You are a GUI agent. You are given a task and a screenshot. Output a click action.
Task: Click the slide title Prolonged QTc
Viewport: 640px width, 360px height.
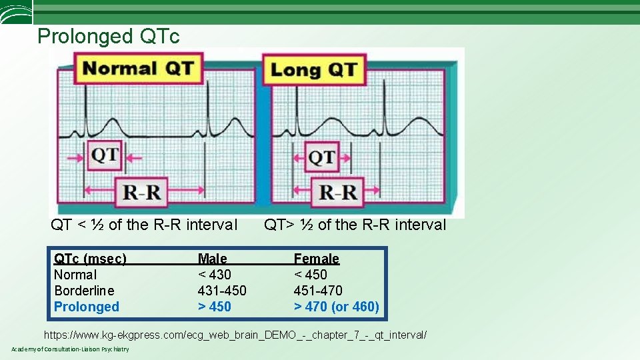109,36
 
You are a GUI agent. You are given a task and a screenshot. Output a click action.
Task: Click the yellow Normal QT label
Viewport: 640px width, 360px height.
139,69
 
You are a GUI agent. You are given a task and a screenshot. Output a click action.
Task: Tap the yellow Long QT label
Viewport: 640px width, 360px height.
314,69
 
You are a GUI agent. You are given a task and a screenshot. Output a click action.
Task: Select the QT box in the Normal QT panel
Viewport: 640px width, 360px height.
105,156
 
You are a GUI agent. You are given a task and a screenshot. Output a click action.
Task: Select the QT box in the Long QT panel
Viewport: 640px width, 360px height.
322,158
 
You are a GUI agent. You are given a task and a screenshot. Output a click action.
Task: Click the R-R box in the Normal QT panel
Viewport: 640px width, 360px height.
143,193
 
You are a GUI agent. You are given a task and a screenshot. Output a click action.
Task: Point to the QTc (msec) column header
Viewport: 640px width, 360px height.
90,259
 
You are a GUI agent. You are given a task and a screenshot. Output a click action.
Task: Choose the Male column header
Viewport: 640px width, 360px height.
212,259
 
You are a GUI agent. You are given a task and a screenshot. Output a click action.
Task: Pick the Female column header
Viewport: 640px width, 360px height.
317,259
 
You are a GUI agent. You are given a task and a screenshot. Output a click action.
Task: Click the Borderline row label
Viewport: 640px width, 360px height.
84,291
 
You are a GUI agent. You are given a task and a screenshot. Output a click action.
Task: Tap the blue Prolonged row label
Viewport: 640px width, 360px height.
87,307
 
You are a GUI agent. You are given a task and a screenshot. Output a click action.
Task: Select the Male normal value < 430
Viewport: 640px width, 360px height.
215,275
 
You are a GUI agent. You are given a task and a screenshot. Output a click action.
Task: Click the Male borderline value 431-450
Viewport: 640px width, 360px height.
222,291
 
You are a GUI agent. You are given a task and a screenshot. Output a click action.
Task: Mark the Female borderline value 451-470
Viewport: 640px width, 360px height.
318,291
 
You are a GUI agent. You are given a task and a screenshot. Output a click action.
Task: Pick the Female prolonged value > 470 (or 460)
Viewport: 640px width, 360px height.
337,307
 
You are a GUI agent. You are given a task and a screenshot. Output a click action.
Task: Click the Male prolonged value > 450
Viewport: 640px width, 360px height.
215,307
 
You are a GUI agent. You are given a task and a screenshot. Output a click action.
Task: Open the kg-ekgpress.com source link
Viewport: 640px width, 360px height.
235,335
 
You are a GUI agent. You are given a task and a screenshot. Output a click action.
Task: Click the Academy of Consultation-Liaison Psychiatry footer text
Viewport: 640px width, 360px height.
70,350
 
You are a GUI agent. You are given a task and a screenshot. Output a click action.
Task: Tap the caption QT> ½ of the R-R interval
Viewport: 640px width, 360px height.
355,225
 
